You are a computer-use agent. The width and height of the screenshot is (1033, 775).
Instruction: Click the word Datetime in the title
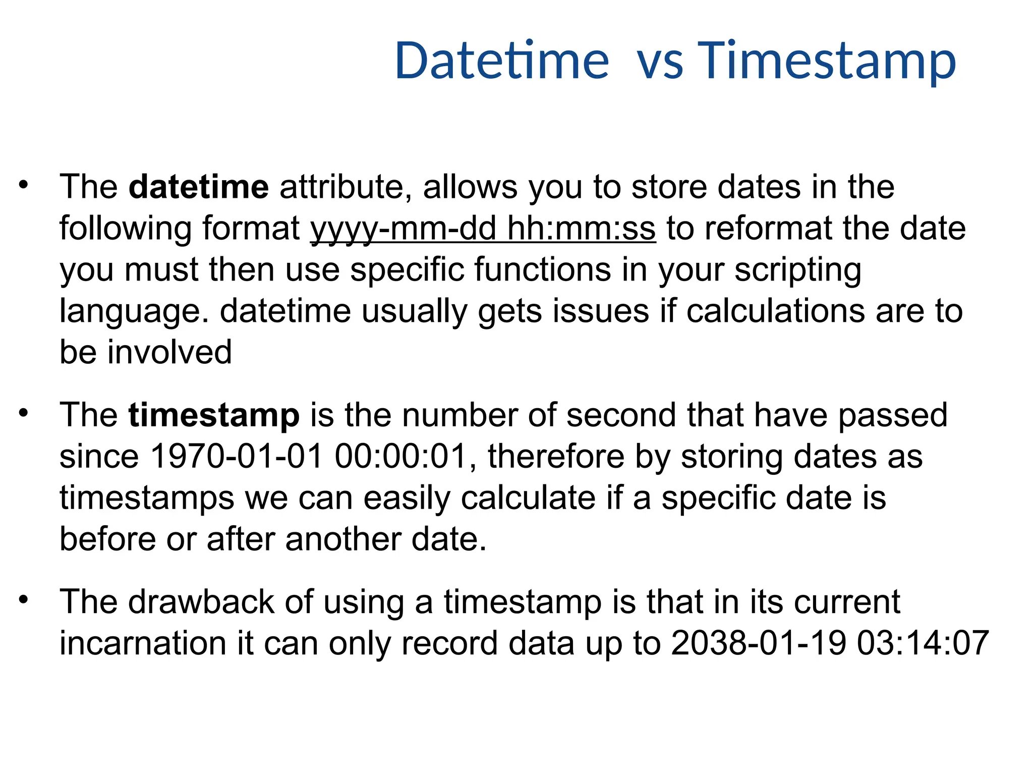tap(502, 61)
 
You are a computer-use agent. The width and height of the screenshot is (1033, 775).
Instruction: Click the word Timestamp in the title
tap(827, 61)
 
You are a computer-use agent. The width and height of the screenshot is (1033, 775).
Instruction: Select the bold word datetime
tap(199, 187)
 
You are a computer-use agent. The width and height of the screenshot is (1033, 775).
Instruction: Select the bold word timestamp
tap(214, 415)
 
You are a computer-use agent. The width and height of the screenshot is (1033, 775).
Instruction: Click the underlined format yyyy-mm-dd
tap(404, 229)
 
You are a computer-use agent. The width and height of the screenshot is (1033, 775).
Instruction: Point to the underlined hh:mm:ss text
tap(582, 229)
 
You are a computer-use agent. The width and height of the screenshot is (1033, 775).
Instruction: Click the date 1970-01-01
tap(237, 457)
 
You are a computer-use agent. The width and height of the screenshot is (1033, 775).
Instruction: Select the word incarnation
tap(143, 643)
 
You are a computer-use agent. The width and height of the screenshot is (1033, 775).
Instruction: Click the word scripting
tap(798, 270)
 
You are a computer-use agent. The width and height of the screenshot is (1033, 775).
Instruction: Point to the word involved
tap(169, 352)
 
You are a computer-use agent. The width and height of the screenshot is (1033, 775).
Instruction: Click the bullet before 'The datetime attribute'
tap(23, 185)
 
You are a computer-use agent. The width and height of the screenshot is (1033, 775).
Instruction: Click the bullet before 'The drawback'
tap(23, 600)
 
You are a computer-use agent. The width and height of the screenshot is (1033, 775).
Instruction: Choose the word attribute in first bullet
tap(341, 187)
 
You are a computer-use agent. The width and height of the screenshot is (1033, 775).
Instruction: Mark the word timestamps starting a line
tap(147, 498)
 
